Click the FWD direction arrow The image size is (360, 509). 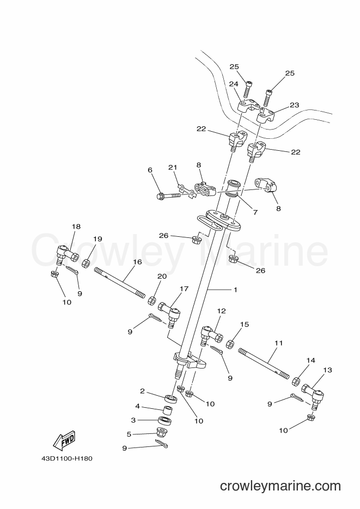click(64, 441)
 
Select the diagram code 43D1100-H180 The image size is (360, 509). click(68, 459)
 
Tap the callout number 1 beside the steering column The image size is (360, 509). click(236, 290)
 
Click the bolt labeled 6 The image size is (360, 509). click(169, 196)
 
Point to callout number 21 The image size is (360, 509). click(173, 168)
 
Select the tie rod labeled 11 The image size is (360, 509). click(264, 363)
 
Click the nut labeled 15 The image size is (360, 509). click(229, 344)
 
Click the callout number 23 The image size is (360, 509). click(295, 105)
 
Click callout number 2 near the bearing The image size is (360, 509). click(142, 391)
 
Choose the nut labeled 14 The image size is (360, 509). click(296, 381)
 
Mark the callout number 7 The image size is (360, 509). click(255, 213)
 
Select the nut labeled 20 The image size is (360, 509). click(152, 301)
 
